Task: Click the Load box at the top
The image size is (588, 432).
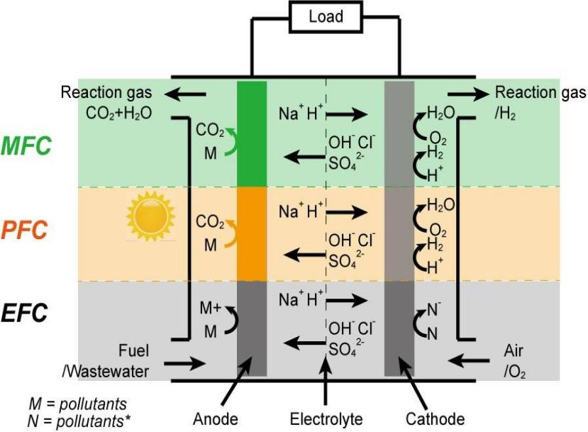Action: pyautogui.click(x=326, y=16)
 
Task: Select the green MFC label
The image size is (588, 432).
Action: pyautogui.click(x=26, y=146)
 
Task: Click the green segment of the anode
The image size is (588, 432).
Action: pyautogui.click(x=252, y=133)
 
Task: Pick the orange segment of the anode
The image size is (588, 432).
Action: pyautogui.click(x=252, y=233)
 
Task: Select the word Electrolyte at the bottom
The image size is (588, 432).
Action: pyautogui.click(x=326, y=418)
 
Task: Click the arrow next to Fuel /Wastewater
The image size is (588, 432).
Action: pyautogui.click(x=187, y=363)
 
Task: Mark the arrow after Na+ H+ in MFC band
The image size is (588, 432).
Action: pyautogui.click(x=351, y=113)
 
